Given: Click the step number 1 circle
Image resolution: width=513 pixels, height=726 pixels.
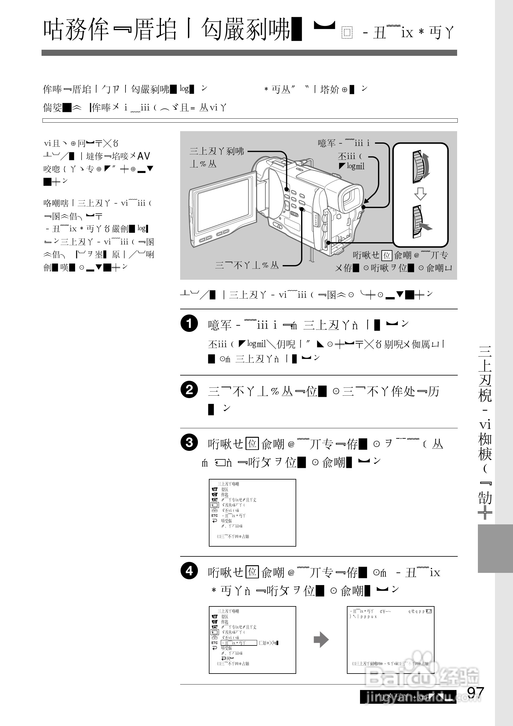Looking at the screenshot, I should pos(189,323).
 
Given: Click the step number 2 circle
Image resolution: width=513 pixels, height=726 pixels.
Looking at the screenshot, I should pos(189,390).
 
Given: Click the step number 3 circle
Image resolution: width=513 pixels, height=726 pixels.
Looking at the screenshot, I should pos(189,442).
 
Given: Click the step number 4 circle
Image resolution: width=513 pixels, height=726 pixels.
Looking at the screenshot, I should pos(189,571).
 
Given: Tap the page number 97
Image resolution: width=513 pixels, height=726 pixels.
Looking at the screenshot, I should pos(476,693).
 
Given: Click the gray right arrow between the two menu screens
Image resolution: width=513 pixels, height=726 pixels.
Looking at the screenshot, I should pos(321,640).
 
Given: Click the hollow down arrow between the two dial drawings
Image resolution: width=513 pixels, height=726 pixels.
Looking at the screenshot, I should pos(420,194).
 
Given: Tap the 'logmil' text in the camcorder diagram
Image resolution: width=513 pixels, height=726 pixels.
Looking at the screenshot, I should pos(355,166).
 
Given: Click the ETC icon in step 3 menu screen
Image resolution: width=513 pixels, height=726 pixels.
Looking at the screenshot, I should pos(215,516).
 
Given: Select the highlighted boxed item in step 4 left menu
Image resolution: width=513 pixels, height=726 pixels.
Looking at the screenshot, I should pos(238,643).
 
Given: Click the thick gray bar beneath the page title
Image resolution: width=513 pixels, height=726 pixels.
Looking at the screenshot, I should pos(249,53).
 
